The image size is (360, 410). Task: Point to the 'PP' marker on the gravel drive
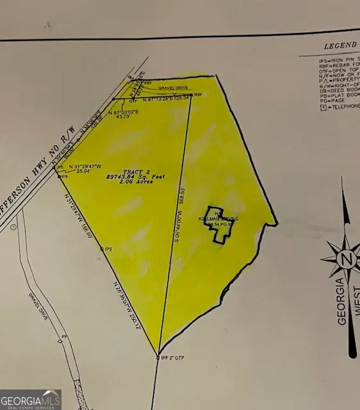click(64, 335)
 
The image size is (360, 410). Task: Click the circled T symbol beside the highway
click(12, 227)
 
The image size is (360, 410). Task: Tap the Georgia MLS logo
click(30, 399)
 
